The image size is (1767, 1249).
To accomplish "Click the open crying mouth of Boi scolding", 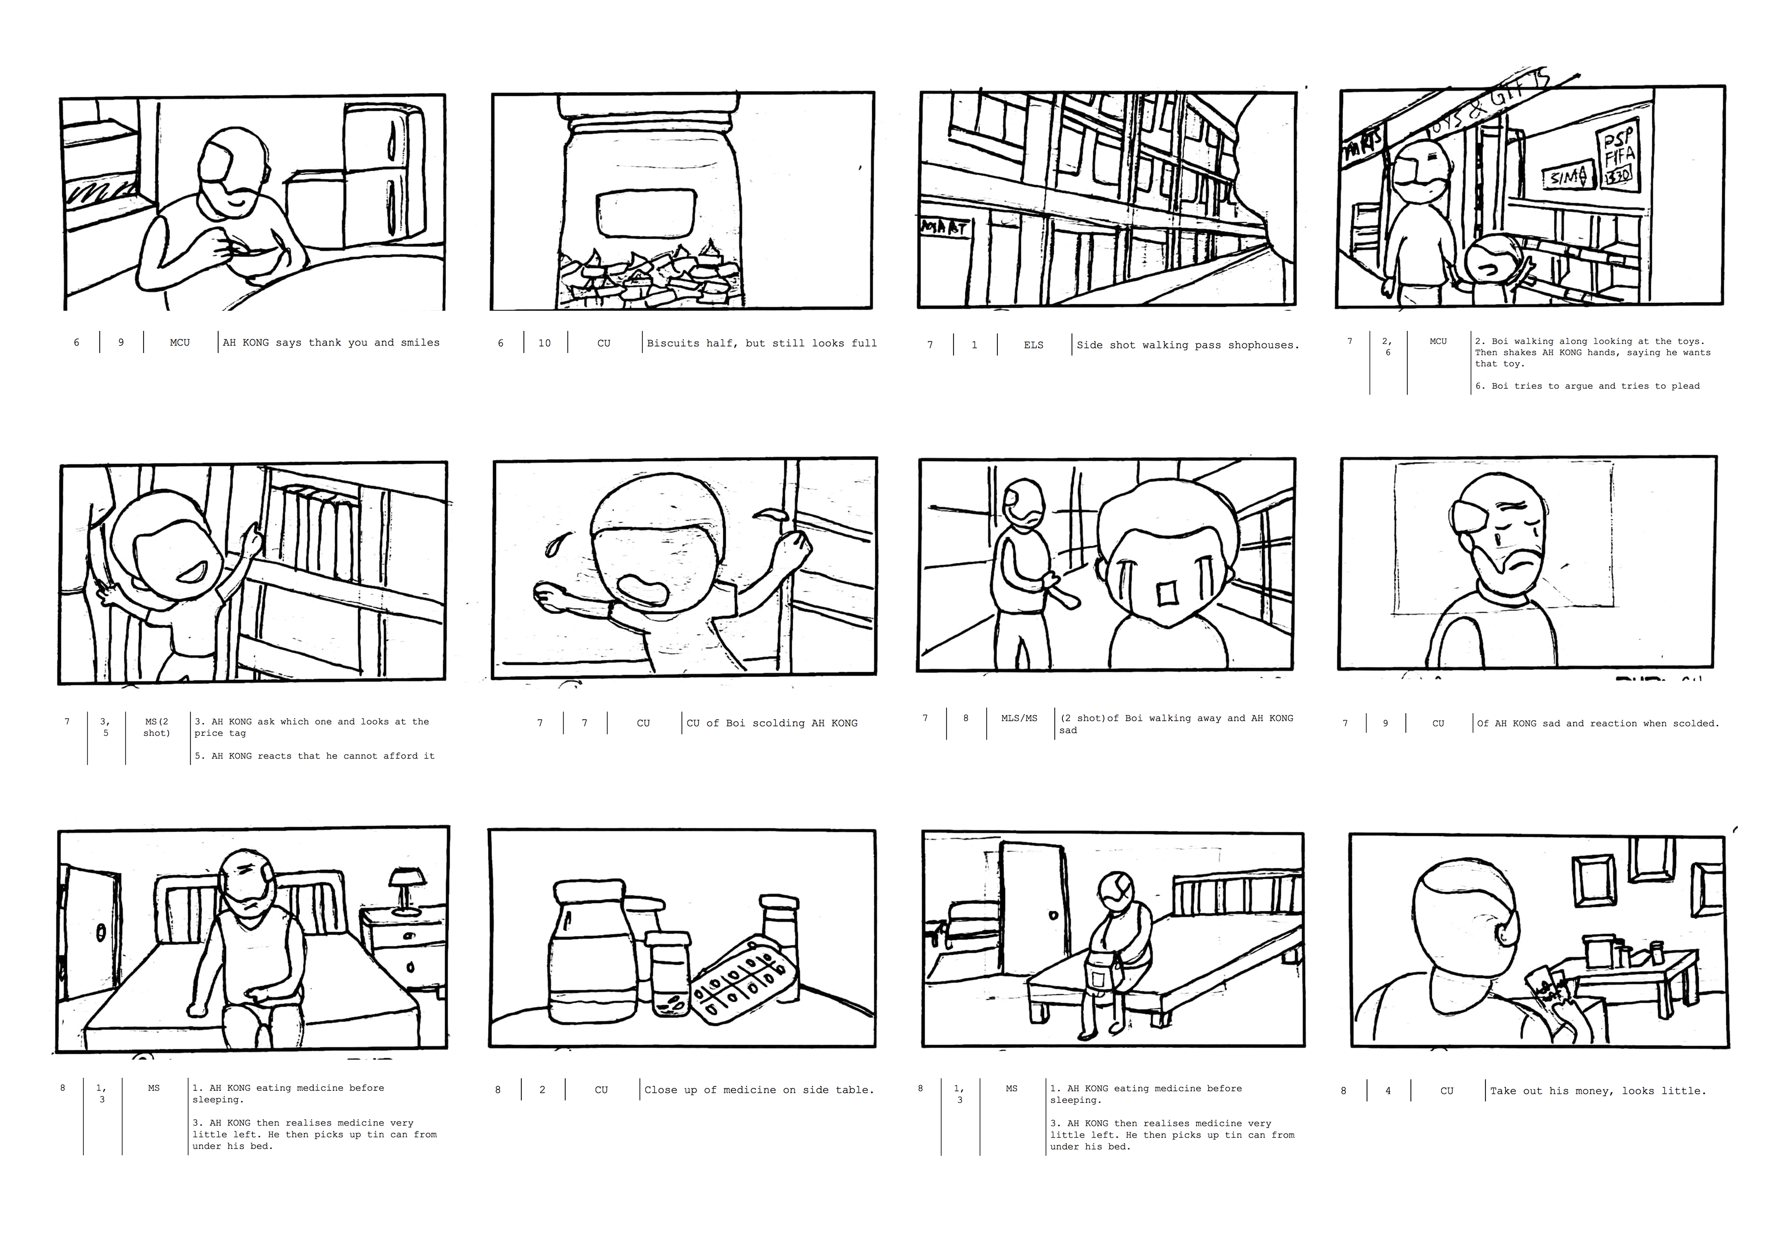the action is point(646,589).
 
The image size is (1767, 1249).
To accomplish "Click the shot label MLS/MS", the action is point(1019,718).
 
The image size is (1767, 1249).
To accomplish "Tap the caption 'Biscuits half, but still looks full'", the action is point(761,343).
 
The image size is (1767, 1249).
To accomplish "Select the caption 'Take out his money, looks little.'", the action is point(1598,1090).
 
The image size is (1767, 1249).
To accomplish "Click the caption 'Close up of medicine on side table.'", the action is point(759,1090).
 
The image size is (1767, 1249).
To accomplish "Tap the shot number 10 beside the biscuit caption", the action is point(544,343).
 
